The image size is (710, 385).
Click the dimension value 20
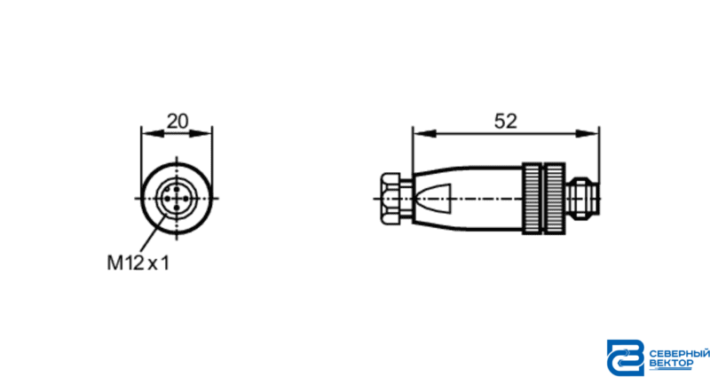[x=177, y=122]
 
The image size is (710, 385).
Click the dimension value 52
[x=505, y=122]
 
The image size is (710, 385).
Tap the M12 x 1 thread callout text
[x=138, y=263]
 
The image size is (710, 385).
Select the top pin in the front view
[x=177, y=190]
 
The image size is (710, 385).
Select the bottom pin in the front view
[x=177, y=208]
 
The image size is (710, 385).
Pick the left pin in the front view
[x=168, y=199]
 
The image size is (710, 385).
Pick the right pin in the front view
[x=185, y=199]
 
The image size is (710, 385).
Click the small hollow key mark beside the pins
[x=167, y=189]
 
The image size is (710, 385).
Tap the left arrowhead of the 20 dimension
[x=152, y=133]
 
